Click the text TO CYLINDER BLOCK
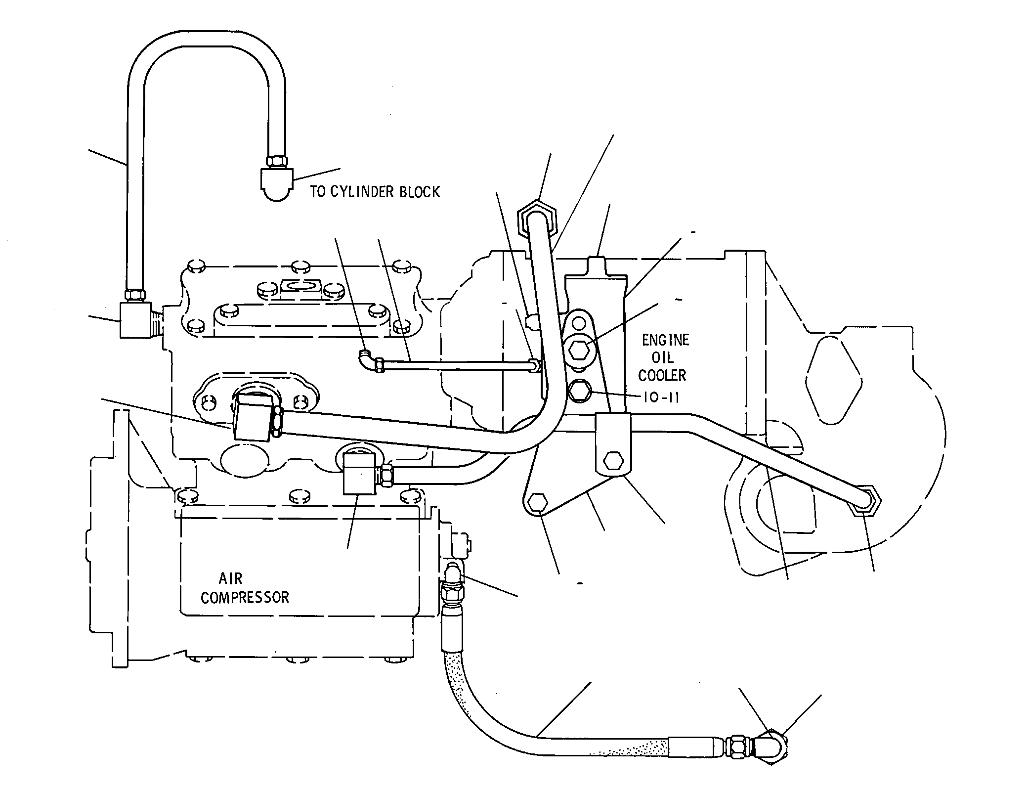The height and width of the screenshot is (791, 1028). (375, 192)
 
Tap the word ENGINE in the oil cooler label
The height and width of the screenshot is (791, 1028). (665, 340)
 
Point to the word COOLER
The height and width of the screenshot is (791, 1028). (662, 376)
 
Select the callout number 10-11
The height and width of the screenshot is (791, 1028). (661, 397)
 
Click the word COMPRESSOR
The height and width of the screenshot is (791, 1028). (245, 598)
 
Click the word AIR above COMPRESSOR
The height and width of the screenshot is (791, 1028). (230, 578)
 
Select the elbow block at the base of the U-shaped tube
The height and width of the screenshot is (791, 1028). (136, 320)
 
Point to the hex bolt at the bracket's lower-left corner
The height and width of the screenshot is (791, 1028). (538, 504)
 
